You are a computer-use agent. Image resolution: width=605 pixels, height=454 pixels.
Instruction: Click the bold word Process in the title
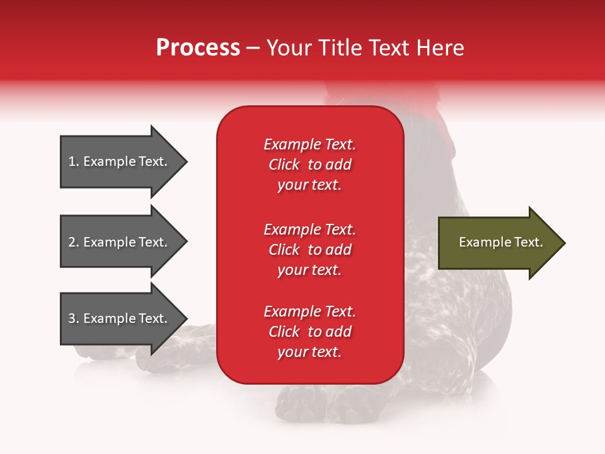tap(198, 48)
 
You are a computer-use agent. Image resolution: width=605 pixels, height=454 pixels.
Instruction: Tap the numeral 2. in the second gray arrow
tap(74, 242)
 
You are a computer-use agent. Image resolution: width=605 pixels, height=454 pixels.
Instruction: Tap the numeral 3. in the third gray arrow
tap(74, 318)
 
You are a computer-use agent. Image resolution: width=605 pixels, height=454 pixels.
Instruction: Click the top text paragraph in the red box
tap(309, 165)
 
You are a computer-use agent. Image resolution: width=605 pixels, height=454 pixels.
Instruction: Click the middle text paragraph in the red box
tap(309, 250)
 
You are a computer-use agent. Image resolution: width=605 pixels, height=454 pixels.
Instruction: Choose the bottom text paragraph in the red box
tap(309, 332)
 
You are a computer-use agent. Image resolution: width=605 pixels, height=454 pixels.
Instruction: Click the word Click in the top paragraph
tap(284, 165)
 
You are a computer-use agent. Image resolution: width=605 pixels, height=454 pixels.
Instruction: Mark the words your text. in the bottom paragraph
tap(309, 352)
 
